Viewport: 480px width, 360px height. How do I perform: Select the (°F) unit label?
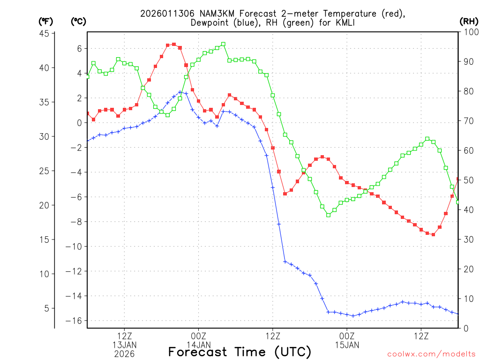(x=45, y=21)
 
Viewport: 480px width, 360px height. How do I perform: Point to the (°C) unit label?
(x=78, y=21)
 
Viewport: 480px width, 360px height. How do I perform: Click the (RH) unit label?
(x=468, y=21)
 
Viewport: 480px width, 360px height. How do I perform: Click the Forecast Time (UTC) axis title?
(x=240, y=352)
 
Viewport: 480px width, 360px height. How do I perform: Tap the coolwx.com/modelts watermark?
(x=431, y=354)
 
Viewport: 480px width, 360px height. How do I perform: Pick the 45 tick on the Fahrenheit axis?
(x=45, y=33)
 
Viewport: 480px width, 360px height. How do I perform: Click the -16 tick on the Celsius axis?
(x=75, y=321)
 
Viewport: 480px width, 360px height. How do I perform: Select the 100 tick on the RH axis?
(x=470, y=31)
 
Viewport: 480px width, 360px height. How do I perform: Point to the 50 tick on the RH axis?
(x=468, y=180)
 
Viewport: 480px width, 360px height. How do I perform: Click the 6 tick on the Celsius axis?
(x=79, y=48)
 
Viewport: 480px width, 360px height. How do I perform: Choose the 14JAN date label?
(x=198, y=345)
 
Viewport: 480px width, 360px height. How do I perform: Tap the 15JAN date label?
(x=347, y=345)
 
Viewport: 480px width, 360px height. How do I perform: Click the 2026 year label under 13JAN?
(x=124, y=354)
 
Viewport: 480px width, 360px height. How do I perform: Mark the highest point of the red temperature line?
(x=174, y=45)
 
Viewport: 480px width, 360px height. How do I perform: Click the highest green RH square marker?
(x=223, y=44)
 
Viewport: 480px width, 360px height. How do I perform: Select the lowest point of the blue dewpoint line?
(x=353, y=315)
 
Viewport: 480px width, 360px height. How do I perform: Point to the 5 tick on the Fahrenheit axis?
(x=46, y=308)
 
